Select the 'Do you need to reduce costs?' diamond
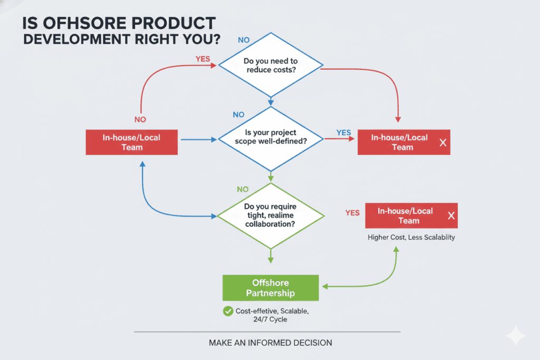point(271,65)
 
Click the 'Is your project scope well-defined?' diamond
point(271,138)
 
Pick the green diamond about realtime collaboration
point(271,216)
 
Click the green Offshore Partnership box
point(271,288)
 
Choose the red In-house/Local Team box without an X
point(132,142)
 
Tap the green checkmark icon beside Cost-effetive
point(228,312)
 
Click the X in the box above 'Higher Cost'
point(451,216)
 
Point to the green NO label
point(243,190)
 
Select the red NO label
point(140,120)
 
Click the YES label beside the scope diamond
point(343,133)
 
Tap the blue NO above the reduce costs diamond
point(244,40)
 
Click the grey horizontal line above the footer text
point(267,332)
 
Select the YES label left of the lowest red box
point(352,213)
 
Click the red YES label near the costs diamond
point(202,59)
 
